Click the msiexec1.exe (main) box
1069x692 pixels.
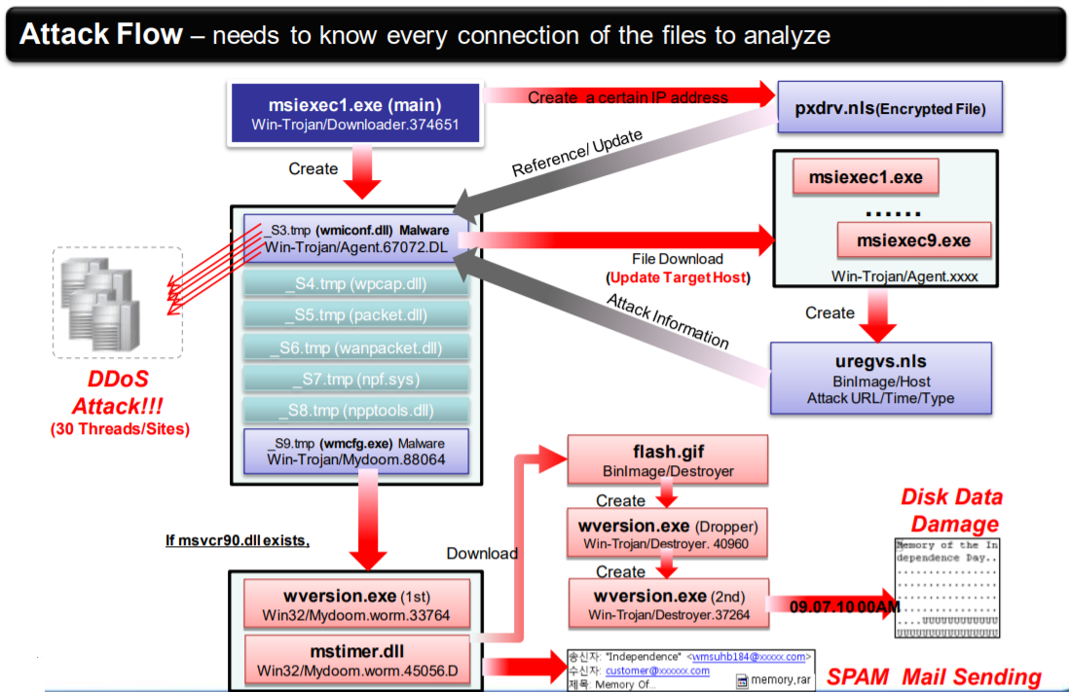click(x=356, y=114)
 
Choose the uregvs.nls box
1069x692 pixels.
click(x=880, y=379)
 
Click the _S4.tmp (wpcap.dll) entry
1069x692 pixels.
click(x=356, y=284)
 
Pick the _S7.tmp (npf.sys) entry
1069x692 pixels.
click(x=356, y=378)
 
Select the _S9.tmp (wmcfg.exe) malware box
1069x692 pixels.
click(x=356, y=450)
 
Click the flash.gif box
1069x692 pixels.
click(x=667, y=460)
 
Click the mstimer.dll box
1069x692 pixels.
click(x=356, y=659)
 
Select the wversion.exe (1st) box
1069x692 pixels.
click(x=356, y=603)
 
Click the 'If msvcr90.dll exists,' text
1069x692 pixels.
click(x=238, y=540)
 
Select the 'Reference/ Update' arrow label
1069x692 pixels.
click(x=577, y=153)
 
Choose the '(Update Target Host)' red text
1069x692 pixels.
click(x=678, y=277)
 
